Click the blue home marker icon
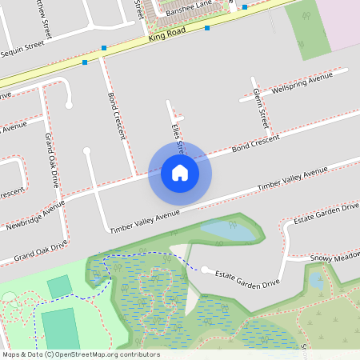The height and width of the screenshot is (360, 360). tap(180, 173)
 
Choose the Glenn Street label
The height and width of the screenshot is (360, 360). tap(261, 110)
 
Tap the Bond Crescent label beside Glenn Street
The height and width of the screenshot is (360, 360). tap(255, 144)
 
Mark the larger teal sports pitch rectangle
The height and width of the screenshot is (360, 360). tap(60, 330)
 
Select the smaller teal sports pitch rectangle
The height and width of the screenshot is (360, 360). tap(58, 286)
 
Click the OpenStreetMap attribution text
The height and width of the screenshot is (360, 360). tap(80, 354)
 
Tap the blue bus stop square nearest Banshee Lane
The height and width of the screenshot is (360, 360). tap(245, 7)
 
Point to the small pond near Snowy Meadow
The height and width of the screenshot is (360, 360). tap(315, 280)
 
